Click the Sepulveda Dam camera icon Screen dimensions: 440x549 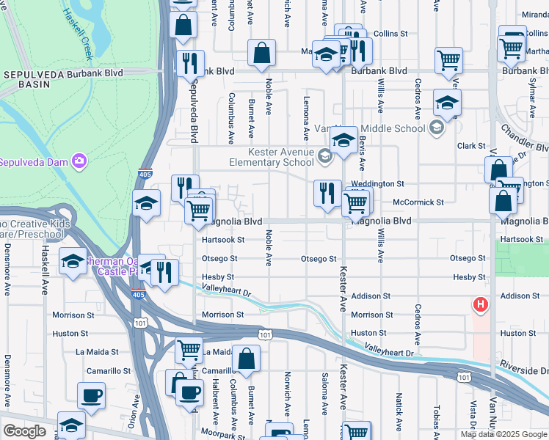point(79,161)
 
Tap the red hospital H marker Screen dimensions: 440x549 point(480,304)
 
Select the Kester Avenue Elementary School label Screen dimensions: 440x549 point(272,157)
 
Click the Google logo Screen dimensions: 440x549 point(24,431)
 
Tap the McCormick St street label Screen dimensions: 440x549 point(418,202)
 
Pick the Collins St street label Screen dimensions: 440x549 point(390,34)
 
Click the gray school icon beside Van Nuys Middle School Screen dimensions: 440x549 point(437,128)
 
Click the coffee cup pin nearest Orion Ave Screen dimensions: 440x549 point(92,396)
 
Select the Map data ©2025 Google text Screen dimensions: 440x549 point(503,434)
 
